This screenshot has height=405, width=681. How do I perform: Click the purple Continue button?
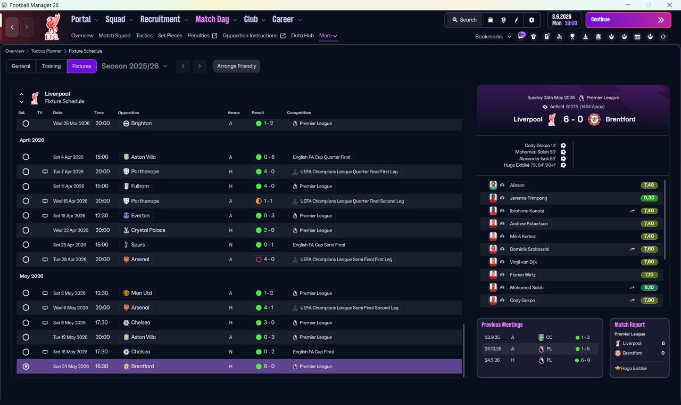click(628, 20)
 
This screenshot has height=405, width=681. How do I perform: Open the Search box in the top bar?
click(464, 20)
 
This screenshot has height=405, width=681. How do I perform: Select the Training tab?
click(51, 66)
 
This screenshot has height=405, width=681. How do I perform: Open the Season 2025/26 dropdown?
click(135, 66)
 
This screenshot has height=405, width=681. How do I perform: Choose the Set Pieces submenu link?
click(170, 36)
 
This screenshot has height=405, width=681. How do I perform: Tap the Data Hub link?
click(302, 36)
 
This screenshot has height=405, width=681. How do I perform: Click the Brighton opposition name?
click(141, 123)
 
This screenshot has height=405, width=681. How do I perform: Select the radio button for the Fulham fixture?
click(26, 187)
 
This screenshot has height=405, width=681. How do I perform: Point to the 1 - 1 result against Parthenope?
click(268, 201)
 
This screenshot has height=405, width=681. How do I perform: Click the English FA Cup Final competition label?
click(313, 352)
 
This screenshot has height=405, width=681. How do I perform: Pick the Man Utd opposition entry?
click(142, 293)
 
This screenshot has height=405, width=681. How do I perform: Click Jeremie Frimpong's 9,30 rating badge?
click(649, 198)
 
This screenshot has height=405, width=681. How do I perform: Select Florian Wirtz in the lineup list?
click(522, 274)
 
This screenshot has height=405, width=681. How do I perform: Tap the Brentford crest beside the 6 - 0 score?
click(594, 119)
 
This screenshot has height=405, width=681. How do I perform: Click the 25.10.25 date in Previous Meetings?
click(493, 349)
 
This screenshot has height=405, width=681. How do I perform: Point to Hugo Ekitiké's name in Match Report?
click(634, 368)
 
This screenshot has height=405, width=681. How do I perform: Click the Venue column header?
click(234, 112)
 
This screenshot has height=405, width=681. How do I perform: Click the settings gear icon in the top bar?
click(531, 20)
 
